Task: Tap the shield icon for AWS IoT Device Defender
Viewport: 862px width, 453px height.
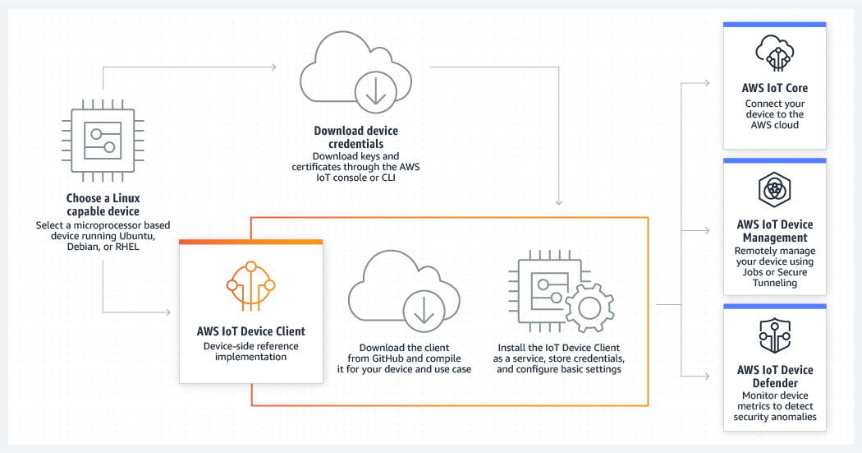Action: coord(774,336)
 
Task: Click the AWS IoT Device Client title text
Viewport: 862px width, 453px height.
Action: coord(250,331)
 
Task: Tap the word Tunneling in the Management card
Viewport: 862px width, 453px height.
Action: coord(774,283)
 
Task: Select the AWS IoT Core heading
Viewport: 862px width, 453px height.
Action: coord(774,88)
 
